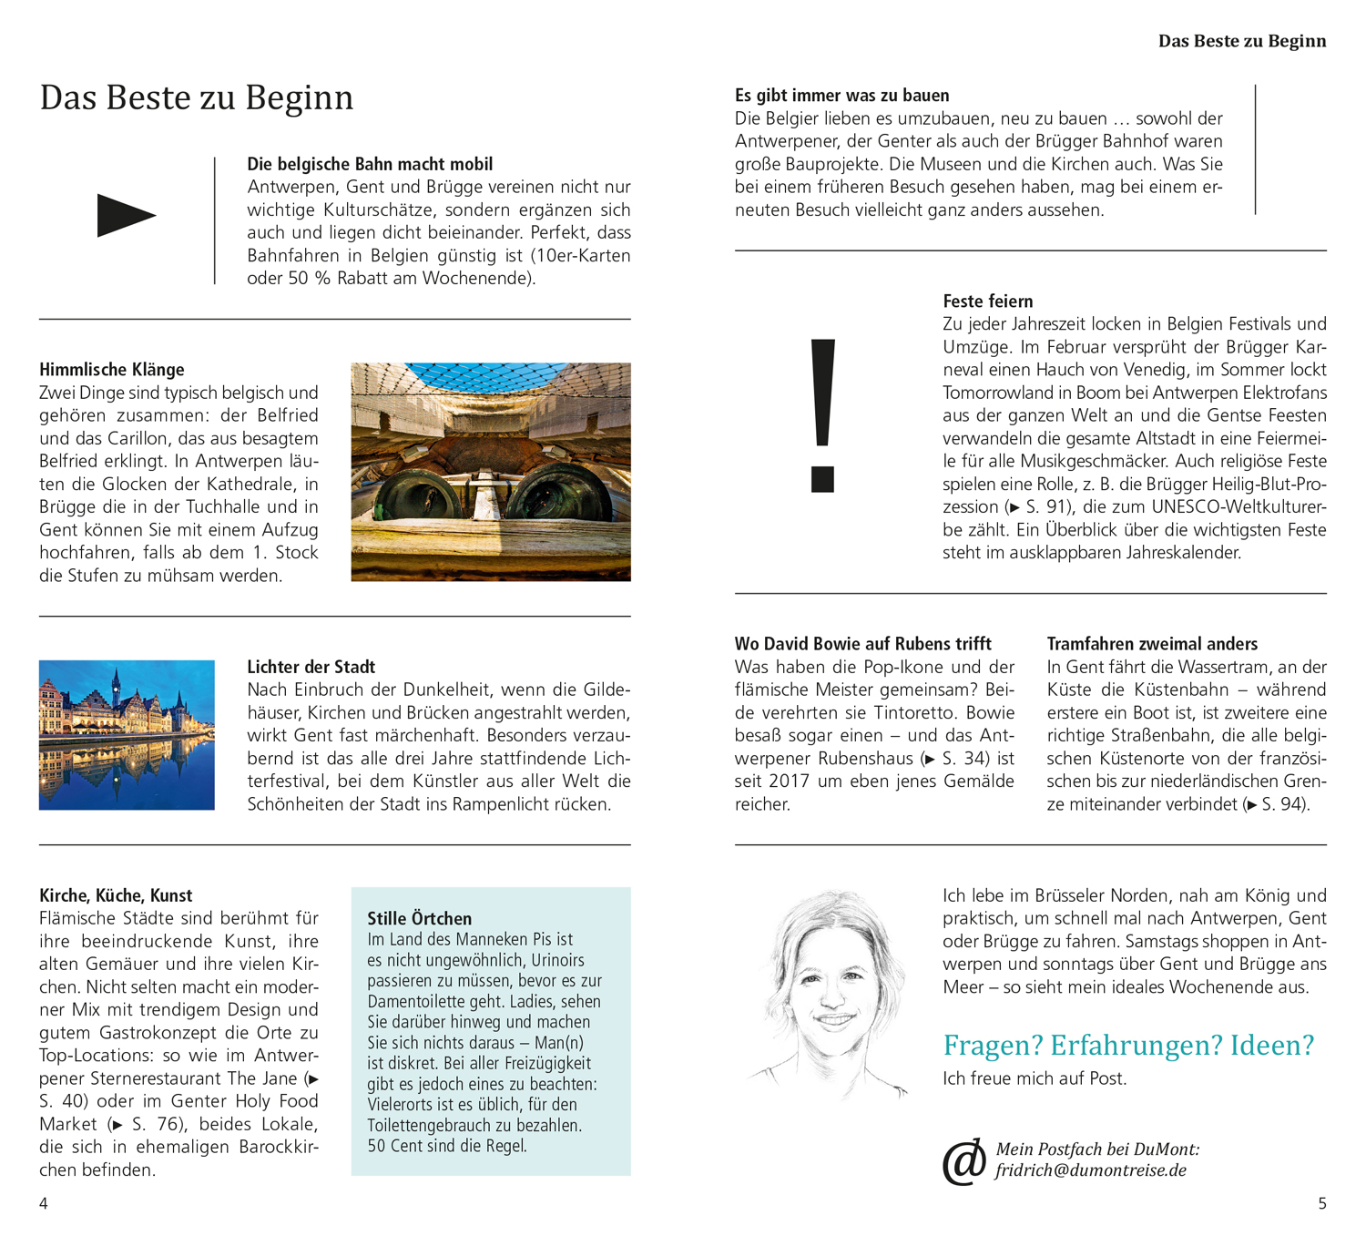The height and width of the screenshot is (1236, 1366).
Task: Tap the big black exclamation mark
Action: tap(822, 414)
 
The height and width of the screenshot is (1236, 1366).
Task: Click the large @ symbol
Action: tap(964, 1162)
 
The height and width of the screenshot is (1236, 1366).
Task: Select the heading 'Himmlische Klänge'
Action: tap(112, 370)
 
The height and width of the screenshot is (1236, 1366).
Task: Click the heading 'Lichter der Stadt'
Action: tap(311, 667)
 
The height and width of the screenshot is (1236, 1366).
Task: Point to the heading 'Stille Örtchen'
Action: tap(420, 918)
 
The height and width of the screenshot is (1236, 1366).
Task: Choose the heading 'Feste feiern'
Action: tap(988, 301)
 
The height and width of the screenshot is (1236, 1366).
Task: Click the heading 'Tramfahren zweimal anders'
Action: tap(1152, 644)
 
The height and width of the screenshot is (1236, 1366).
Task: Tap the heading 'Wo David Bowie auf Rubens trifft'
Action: tap(863, 644)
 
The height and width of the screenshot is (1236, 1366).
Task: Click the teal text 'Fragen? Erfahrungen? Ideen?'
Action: tap(1128, 1045)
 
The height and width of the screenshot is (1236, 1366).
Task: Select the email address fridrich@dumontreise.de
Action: tap(1091, 1170)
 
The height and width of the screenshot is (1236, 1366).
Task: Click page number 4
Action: tap(44, 1203)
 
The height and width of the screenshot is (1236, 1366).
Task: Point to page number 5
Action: tap(1322, 1203)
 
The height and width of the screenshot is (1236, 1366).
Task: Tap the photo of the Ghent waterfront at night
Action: tap(127, 735)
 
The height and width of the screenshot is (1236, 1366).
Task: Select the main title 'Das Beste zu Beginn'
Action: tap(197, 97)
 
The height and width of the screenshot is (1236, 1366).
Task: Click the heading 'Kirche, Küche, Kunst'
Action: tap(116, 895)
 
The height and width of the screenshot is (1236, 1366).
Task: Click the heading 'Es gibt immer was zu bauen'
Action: tap(842, 96)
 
